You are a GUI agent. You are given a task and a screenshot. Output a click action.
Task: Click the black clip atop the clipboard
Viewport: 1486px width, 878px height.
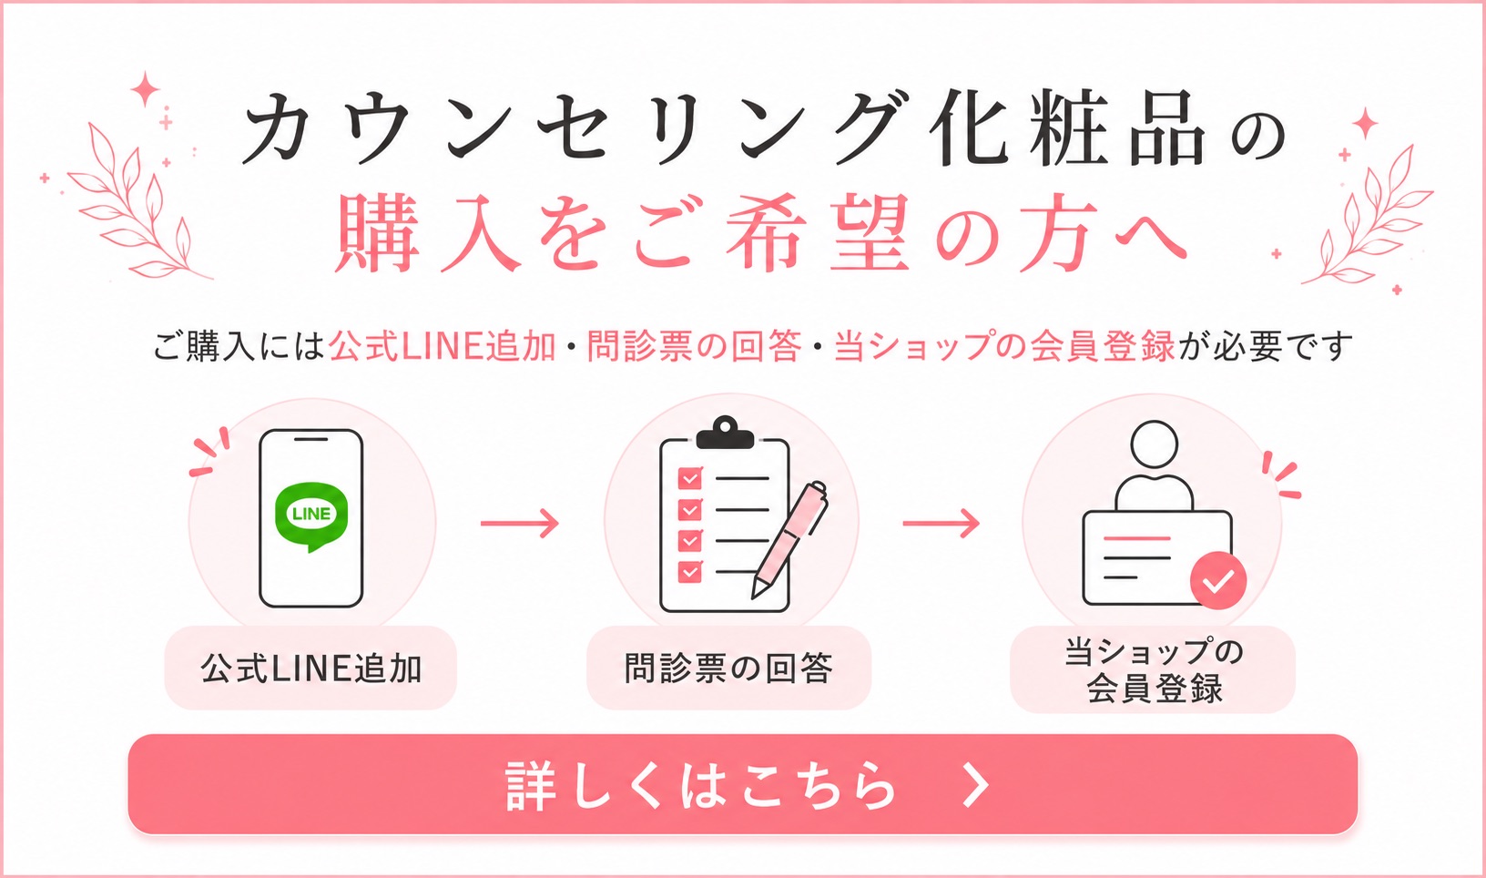pos(725,434)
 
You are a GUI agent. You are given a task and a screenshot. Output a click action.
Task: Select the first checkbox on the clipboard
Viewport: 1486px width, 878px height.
pos(690,478)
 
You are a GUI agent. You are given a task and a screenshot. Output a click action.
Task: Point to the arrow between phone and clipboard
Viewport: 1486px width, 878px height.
pos(519,524)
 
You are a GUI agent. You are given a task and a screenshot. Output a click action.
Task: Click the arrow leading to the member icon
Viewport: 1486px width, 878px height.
pos(941,524)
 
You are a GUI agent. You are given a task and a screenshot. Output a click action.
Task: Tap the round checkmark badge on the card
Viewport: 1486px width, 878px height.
pos(1218,581)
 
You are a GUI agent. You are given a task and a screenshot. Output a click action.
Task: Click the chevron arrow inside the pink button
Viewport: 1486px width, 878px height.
pos(976,784)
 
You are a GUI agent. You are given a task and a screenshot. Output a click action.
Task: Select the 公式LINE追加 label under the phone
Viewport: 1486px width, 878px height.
pos(311,668)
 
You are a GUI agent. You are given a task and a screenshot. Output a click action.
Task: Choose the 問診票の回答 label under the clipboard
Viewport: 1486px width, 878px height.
pos(728,668)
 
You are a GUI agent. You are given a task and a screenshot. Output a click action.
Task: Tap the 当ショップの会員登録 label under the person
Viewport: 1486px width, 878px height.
pos(1154,670)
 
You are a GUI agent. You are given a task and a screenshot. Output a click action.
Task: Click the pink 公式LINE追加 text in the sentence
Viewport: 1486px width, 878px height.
pos(443,346)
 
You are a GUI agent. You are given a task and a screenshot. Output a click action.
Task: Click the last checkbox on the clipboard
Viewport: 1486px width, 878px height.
pos(690,572)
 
